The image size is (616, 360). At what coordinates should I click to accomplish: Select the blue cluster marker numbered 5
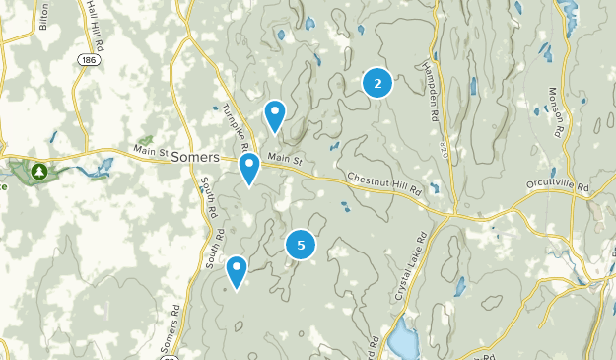[301, 246]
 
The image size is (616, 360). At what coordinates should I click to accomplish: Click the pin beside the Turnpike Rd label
[275, 114]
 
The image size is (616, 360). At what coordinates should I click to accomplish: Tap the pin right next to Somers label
[250, 167]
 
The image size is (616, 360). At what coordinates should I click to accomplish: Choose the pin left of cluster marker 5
[237, 270]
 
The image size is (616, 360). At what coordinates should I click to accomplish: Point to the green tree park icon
[38, 172]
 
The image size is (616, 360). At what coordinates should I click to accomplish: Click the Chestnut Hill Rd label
[383, 183]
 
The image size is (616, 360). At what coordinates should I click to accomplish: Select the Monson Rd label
[556, 110]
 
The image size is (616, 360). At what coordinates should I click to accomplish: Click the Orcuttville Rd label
[557, 185]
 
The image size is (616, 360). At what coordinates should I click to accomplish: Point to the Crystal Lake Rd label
[411, 267]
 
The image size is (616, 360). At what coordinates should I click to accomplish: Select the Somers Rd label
[168, 336]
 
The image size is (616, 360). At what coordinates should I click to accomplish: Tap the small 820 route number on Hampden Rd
[445, 149]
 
